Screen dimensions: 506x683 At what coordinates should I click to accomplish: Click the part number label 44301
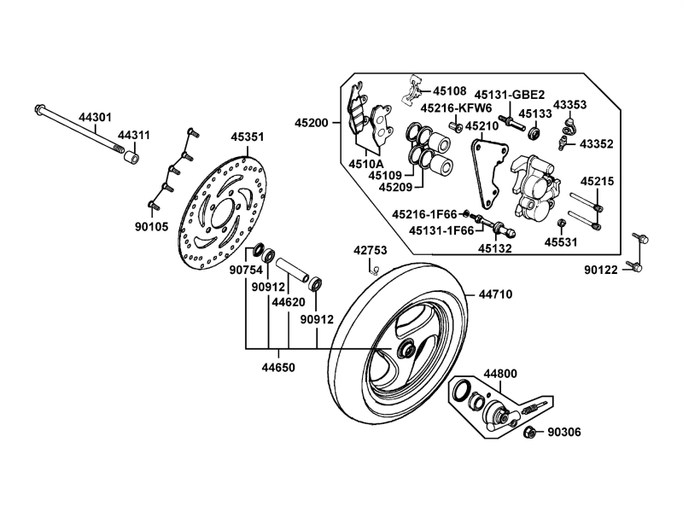(95, 117)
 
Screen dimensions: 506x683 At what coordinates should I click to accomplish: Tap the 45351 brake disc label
(248, 137)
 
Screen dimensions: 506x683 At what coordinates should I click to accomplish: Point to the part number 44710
(495, 294)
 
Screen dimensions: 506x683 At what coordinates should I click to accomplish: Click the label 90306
(563, 433)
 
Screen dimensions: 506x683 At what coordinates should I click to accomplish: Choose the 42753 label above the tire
(371, 251)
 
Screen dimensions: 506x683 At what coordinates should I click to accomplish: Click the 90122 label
(601, 270)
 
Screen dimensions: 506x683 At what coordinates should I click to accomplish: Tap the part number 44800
(501, 373)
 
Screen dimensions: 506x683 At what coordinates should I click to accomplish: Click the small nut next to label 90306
(529, 432)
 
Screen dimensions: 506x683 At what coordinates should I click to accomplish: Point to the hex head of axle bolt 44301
(40, 110)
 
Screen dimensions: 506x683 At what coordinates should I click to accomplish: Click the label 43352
(596, 144)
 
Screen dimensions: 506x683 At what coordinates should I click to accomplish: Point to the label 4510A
(365, 162)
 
